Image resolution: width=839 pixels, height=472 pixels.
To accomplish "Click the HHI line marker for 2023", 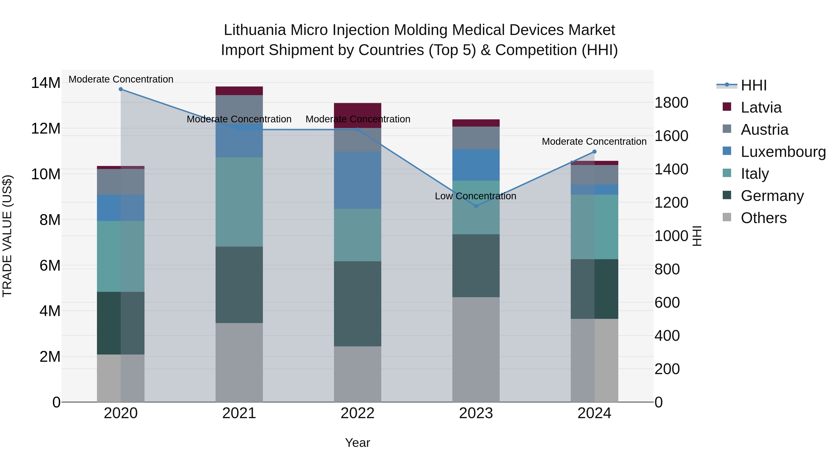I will pos(476,206).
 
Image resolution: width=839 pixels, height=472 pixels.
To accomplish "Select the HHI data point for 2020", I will pos(121,89).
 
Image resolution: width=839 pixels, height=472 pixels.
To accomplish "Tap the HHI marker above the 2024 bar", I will pos(594,152).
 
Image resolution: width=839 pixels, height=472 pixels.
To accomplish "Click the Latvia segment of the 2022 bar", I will pos(357,111).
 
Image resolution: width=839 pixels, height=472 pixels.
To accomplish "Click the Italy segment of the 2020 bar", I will pos(120,256).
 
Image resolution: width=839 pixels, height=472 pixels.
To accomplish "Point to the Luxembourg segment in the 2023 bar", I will pos(476,165).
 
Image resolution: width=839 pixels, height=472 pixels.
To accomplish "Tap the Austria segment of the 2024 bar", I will pos(594,175).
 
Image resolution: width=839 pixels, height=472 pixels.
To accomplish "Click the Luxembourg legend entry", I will pos(783,152).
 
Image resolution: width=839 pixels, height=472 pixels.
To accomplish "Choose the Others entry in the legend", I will pos(763,218).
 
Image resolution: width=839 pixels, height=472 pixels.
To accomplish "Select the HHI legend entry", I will pos(753,85).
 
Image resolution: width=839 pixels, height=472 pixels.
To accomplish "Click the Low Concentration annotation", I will pos(475,196).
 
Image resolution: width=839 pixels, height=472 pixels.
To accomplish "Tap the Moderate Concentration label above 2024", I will pos(594,141).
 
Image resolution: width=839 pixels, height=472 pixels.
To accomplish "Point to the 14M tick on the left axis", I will pos(46,83).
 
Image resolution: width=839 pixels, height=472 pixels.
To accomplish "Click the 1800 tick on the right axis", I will pos(671,103).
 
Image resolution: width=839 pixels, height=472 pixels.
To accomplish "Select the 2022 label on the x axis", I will pos(357,413).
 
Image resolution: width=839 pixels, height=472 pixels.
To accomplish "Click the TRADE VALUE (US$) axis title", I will pos(7,236).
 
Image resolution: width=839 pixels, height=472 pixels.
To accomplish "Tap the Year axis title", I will pos(357,443).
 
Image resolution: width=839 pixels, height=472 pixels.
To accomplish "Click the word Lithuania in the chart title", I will pos(255,30).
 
